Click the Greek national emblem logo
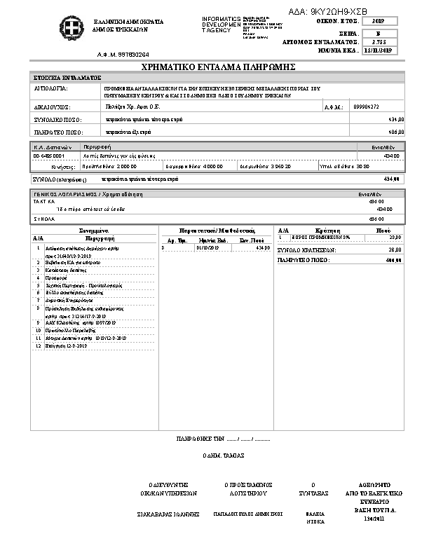[x=74, y=29]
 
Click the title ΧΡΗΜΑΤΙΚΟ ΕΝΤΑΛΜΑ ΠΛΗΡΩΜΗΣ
[x=218, y=67]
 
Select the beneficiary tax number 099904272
[x=367, y=107]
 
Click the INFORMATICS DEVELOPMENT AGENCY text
[x=220, y=25]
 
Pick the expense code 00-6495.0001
[x=48, y=156]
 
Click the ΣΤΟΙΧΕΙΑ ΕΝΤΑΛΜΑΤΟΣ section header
[x=67, y=77]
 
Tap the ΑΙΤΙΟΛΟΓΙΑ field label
[x=51, y=90]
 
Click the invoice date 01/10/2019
[x=208, y=247]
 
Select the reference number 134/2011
[x=375, y=519]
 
